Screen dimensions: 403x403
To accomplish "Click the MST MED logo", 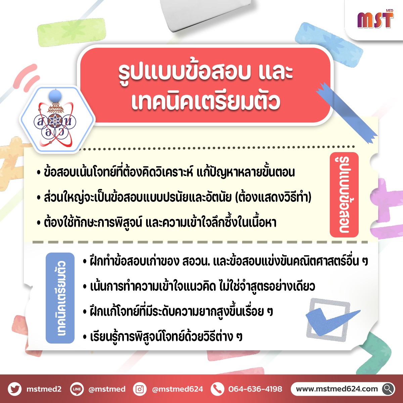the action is tap(375, 19).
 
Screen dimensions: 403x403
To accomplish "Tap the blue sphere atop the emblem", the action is tap(55, 96).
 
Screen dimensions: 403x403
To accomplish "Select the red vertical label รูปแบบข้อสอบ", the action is tap(344, 195).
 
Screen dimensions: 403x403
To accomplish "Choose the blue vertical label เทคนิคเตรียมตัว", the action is tap(60, 298).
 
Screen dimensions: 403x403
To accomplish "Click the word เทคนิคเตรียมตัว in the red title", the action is tap(206, 101).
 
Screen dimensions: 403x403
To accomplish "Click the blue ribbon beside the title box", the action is tap(347, 113).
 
